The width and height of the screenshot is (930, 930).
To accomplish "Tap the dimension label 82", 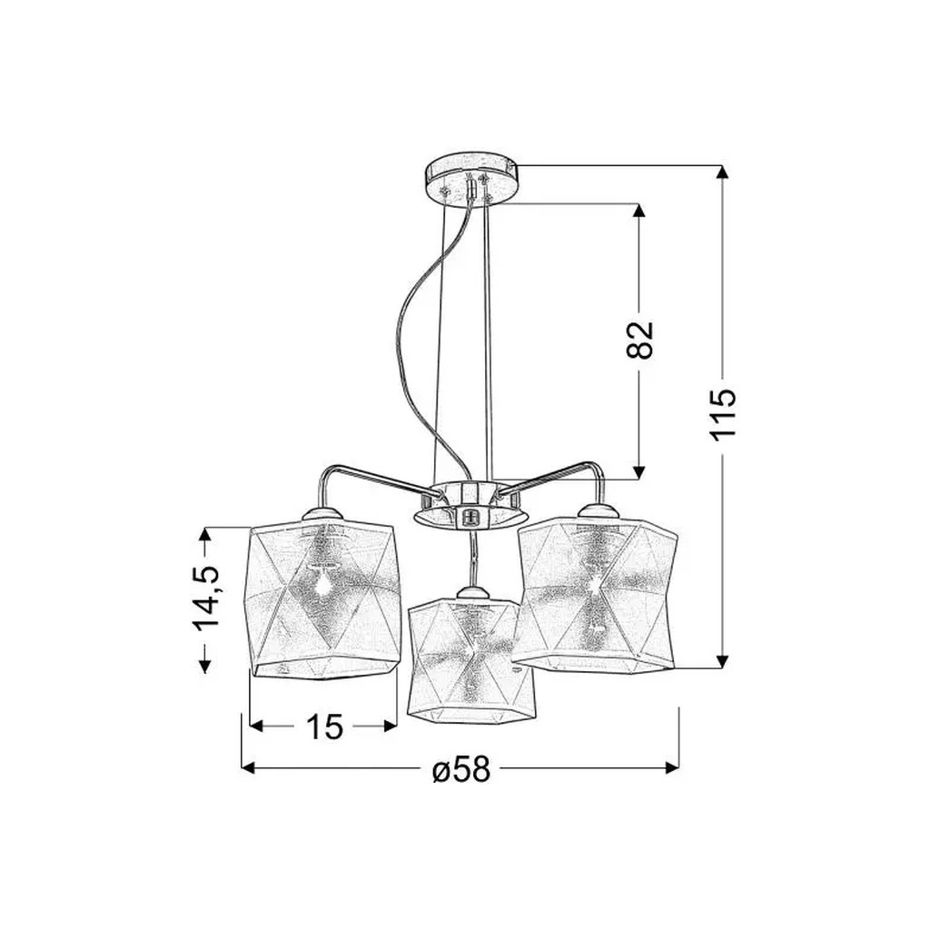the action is click(639, 340).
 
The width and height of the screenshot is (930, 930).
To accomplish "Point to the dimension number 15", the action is click(325, 726).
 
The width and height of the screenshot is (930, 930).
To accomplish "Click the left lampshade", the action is click(322, 599).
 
